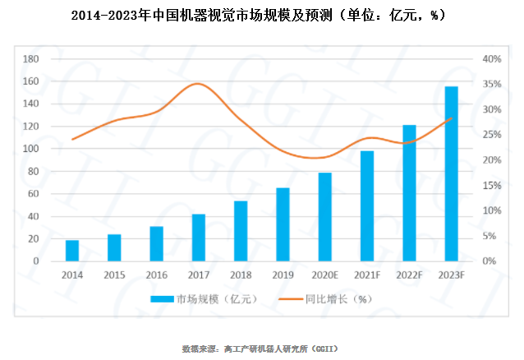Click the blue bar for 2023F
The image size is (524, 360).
click(x=452, y=173)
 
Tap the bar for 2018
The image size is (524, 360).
click(x=241, y=231)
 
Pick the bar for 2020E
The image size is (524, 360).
click(x=325, y=217)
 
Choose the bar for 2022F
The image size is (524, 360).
click(x=409, y=193)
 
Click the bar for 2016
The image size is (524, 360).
click(x=156, y=243)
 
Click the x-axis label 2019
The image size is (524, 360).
click(x=283, y=275)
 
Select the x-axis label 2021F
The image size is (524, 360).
click(x=367, y=275)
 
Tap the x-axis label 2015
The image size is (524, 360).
click(x=114, y=275)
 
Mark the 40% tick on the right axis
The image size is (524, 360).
click(x=491, y=59)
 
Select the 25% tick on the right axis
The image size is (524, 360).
click(x=491, y=135)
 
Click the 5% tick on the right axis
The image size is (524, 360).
click(x=491, y=236)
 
